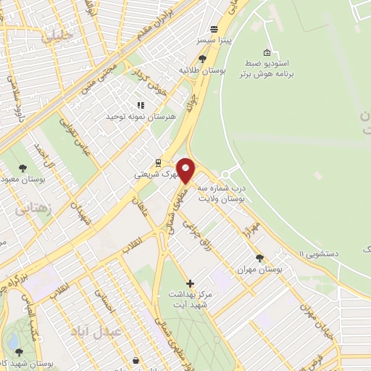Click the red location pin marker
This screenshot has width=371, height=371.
[185, 170]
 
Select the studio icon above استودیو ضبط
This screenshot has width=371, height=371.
[267, 53]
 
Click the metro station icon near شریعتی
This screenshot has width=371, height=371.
[157, 162]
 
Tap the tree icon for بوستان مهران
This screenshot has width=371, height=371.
[259, 257]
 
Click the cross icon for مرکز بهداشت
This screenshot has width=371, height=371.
[190, 283]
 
